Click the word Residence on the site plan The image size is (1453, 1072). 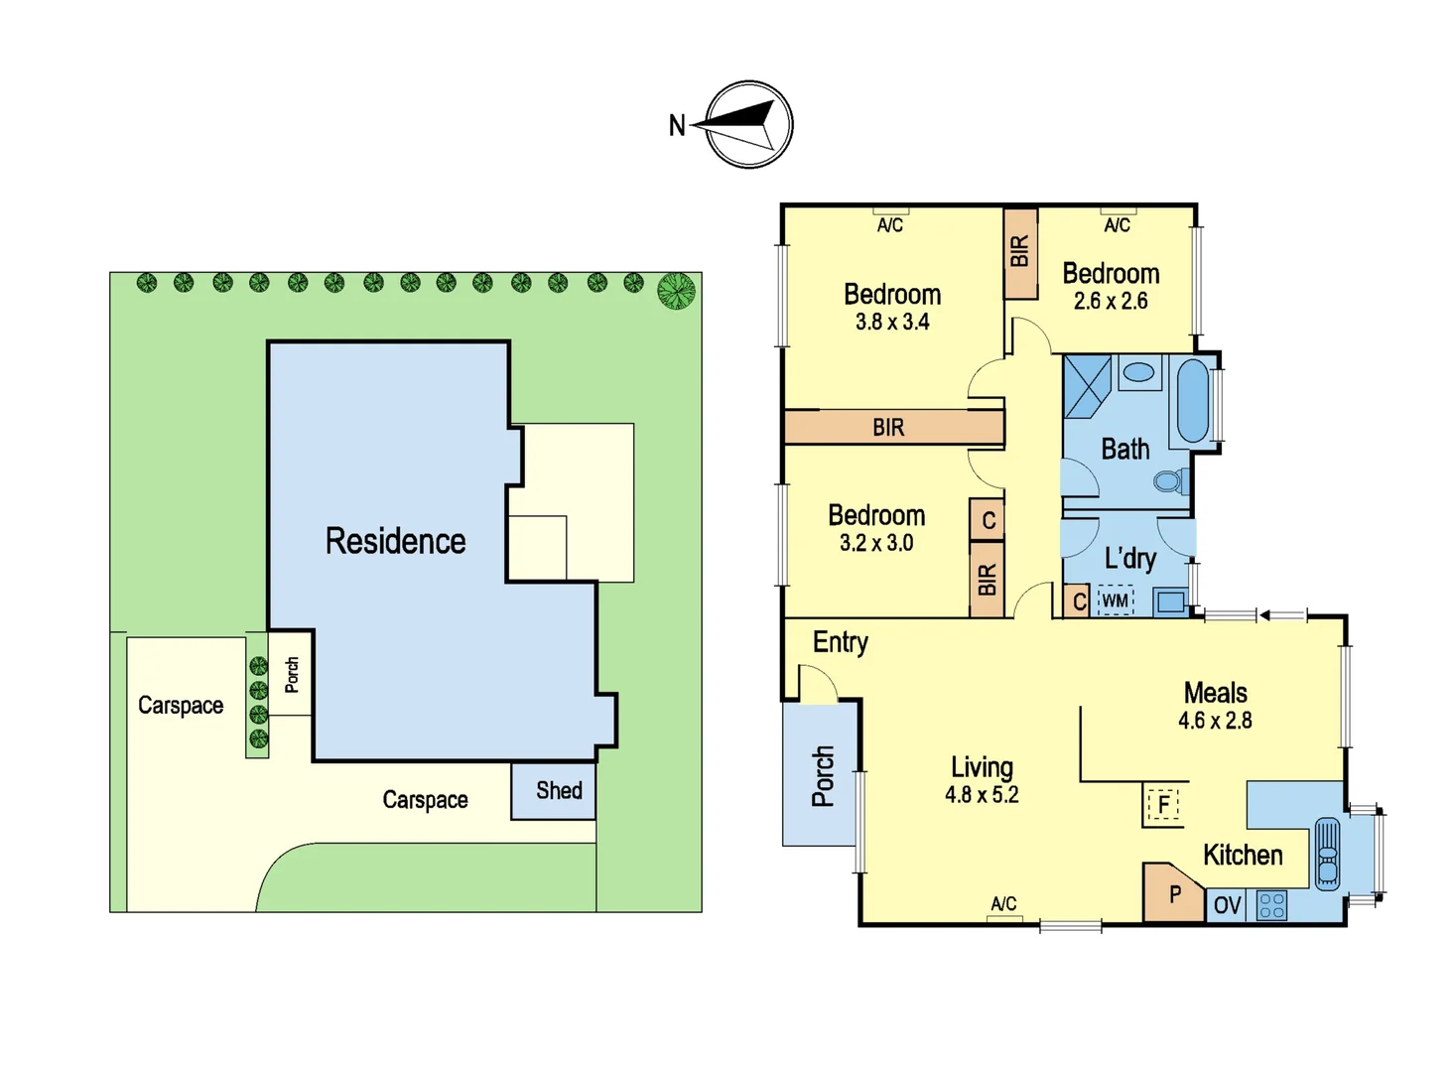coord(395,541)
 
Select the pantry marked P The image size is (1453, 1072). coord(1174,894)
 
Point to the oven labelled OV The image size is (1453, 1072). coord(1227,905)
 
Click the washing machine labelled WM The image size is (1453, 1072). coord(1115,601)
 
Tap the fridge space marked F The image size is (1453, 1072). coord(1163,803)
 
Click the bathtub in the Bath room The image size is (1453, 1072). coord(1193,400)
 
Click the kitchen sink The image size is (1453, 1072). coord(1327,853)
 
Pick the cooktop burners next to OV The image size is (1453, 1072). coord(1271,905)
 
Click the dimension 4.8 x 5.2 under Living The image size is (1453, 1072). coord(982,795)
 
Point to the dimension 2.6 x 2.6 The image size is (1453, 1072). coord(1111,302)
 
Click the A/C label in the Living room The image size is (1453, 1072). coord(1003,903)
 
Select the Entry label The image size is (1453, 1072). coord(840,642)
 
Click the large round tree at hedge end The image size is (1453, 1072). coord(676,291)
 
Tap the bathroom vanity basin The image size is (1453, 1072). coord(1138,372)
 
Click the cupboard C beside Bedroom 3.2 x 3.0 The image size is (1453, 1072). coord(988,520)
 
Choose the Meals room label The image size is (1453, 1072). coord(1215,693)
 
